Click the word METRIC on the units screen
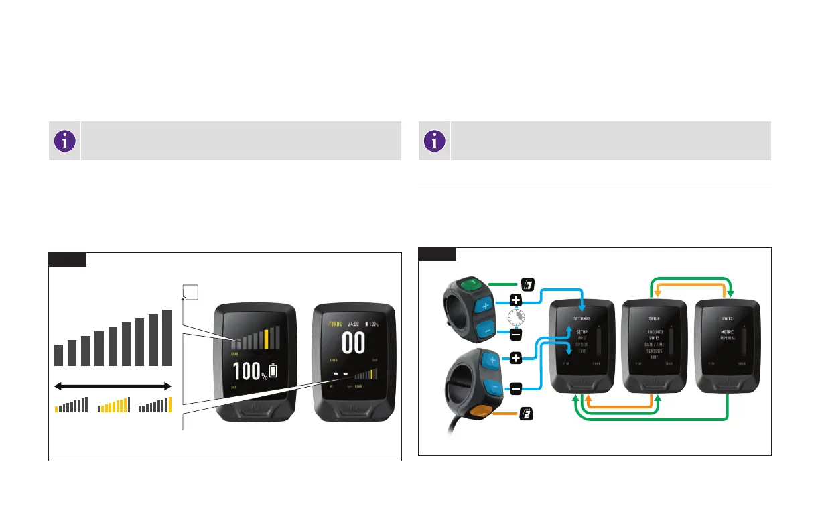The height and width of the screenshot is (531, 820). (x=727, y=331)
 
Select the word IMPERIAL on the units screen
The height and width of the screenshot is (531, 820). (x=727, y=338)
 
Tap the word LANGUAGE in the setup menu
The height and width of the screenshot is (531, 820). (x=654, y=331)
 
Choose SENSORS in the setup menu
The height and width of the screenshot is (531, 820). (x=654, y=351)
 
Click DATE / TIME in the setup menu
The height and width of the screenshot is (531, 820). (x=654, y=344)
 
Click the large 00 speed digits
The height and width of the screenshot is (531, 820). (x=354, y=343)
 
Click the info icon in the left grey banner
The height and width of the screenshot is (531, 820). (x=64, y=141)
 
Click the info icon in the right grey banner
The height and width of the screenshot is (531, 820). (x=435, y=141)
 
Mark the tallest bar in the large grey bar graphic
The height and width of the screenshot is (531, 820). (x=167, y=338)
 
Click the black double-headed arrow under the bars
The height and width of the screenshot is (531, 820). (x=113, y=386)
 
